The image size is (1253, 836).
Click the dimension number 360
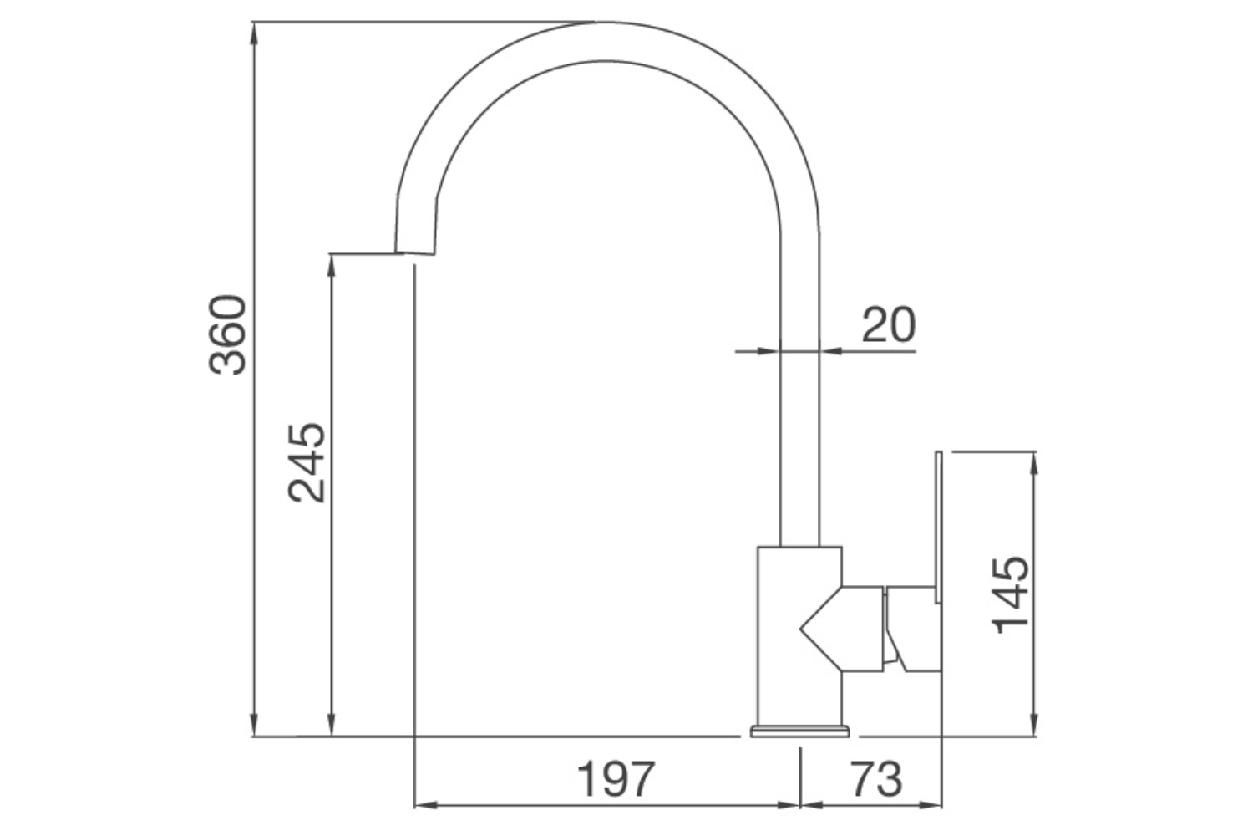pyautogui.click(x=228, y=334)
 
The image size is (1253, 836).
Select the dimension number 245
pyautogui.click(x=306, y=462)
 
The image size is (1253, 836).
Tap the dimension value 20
pyautogui.click(x=888, y=325)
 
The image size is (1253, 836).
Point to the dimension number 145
pyautogui.click(x=1011, y=594)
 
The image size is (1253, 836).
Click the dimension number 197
pyautogui.click(x=616, y=779)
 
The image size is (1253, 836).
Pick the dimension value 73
pyautogui.click(x=877, y=779)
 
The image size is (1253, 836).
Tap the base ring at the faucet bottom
pyautogui.click(x=800, y=732)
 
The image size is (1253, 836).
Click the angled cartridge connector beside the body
pyautogui.click(x=844, y=627)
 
